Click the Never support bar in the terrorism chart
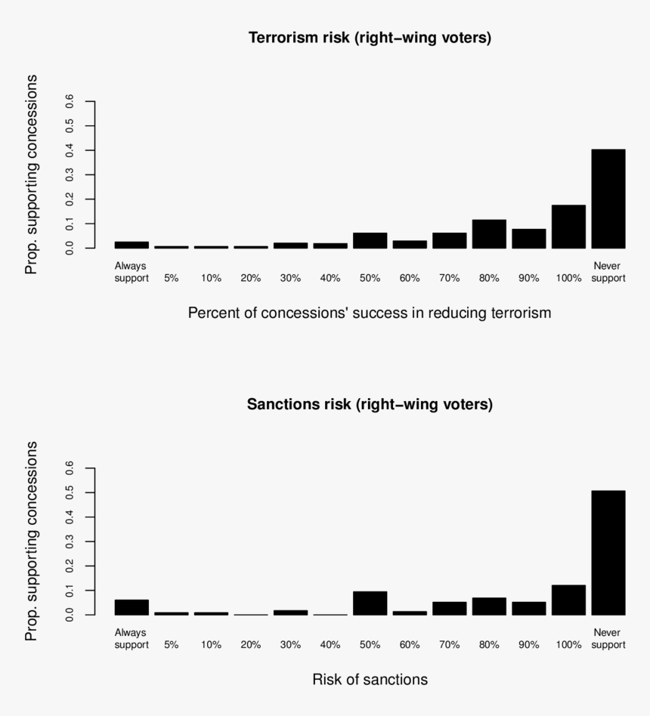tap(608, 199)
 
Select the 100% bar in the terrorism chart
tap(568, 227)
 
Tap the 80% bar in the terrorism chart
tap(489, 234)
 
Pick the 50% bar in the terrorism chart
tap(370, 240)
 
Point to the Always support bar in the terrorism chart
tap(132, 245)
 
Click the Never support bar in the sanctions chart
tap(608, 552)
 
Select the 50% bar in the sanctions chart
tap(370, 603)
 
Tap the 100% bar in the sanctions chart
tap(568, 600)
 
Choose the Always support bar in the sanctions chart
tap(132, 607)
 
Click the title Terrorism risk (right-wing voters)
tap(370, 38)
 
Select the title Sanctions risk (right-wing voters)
tap(370, 404)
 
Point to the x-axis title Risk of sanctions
tap(370, 680)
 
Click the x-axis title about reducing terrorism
tap(370, 313)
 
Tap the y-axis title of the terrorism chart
tap(31, 174)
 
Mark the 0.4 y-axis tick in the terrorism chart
tap(70, 150)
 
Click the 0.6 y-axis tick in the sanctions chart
tap(70, 468)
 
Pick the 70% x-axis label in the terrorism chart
tap(449, 278)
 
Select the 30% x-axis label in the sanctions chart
tap(290, 645)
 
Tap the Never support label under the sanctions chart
tap(608, 639)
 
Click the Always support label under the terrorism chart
tap(131, 272)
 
